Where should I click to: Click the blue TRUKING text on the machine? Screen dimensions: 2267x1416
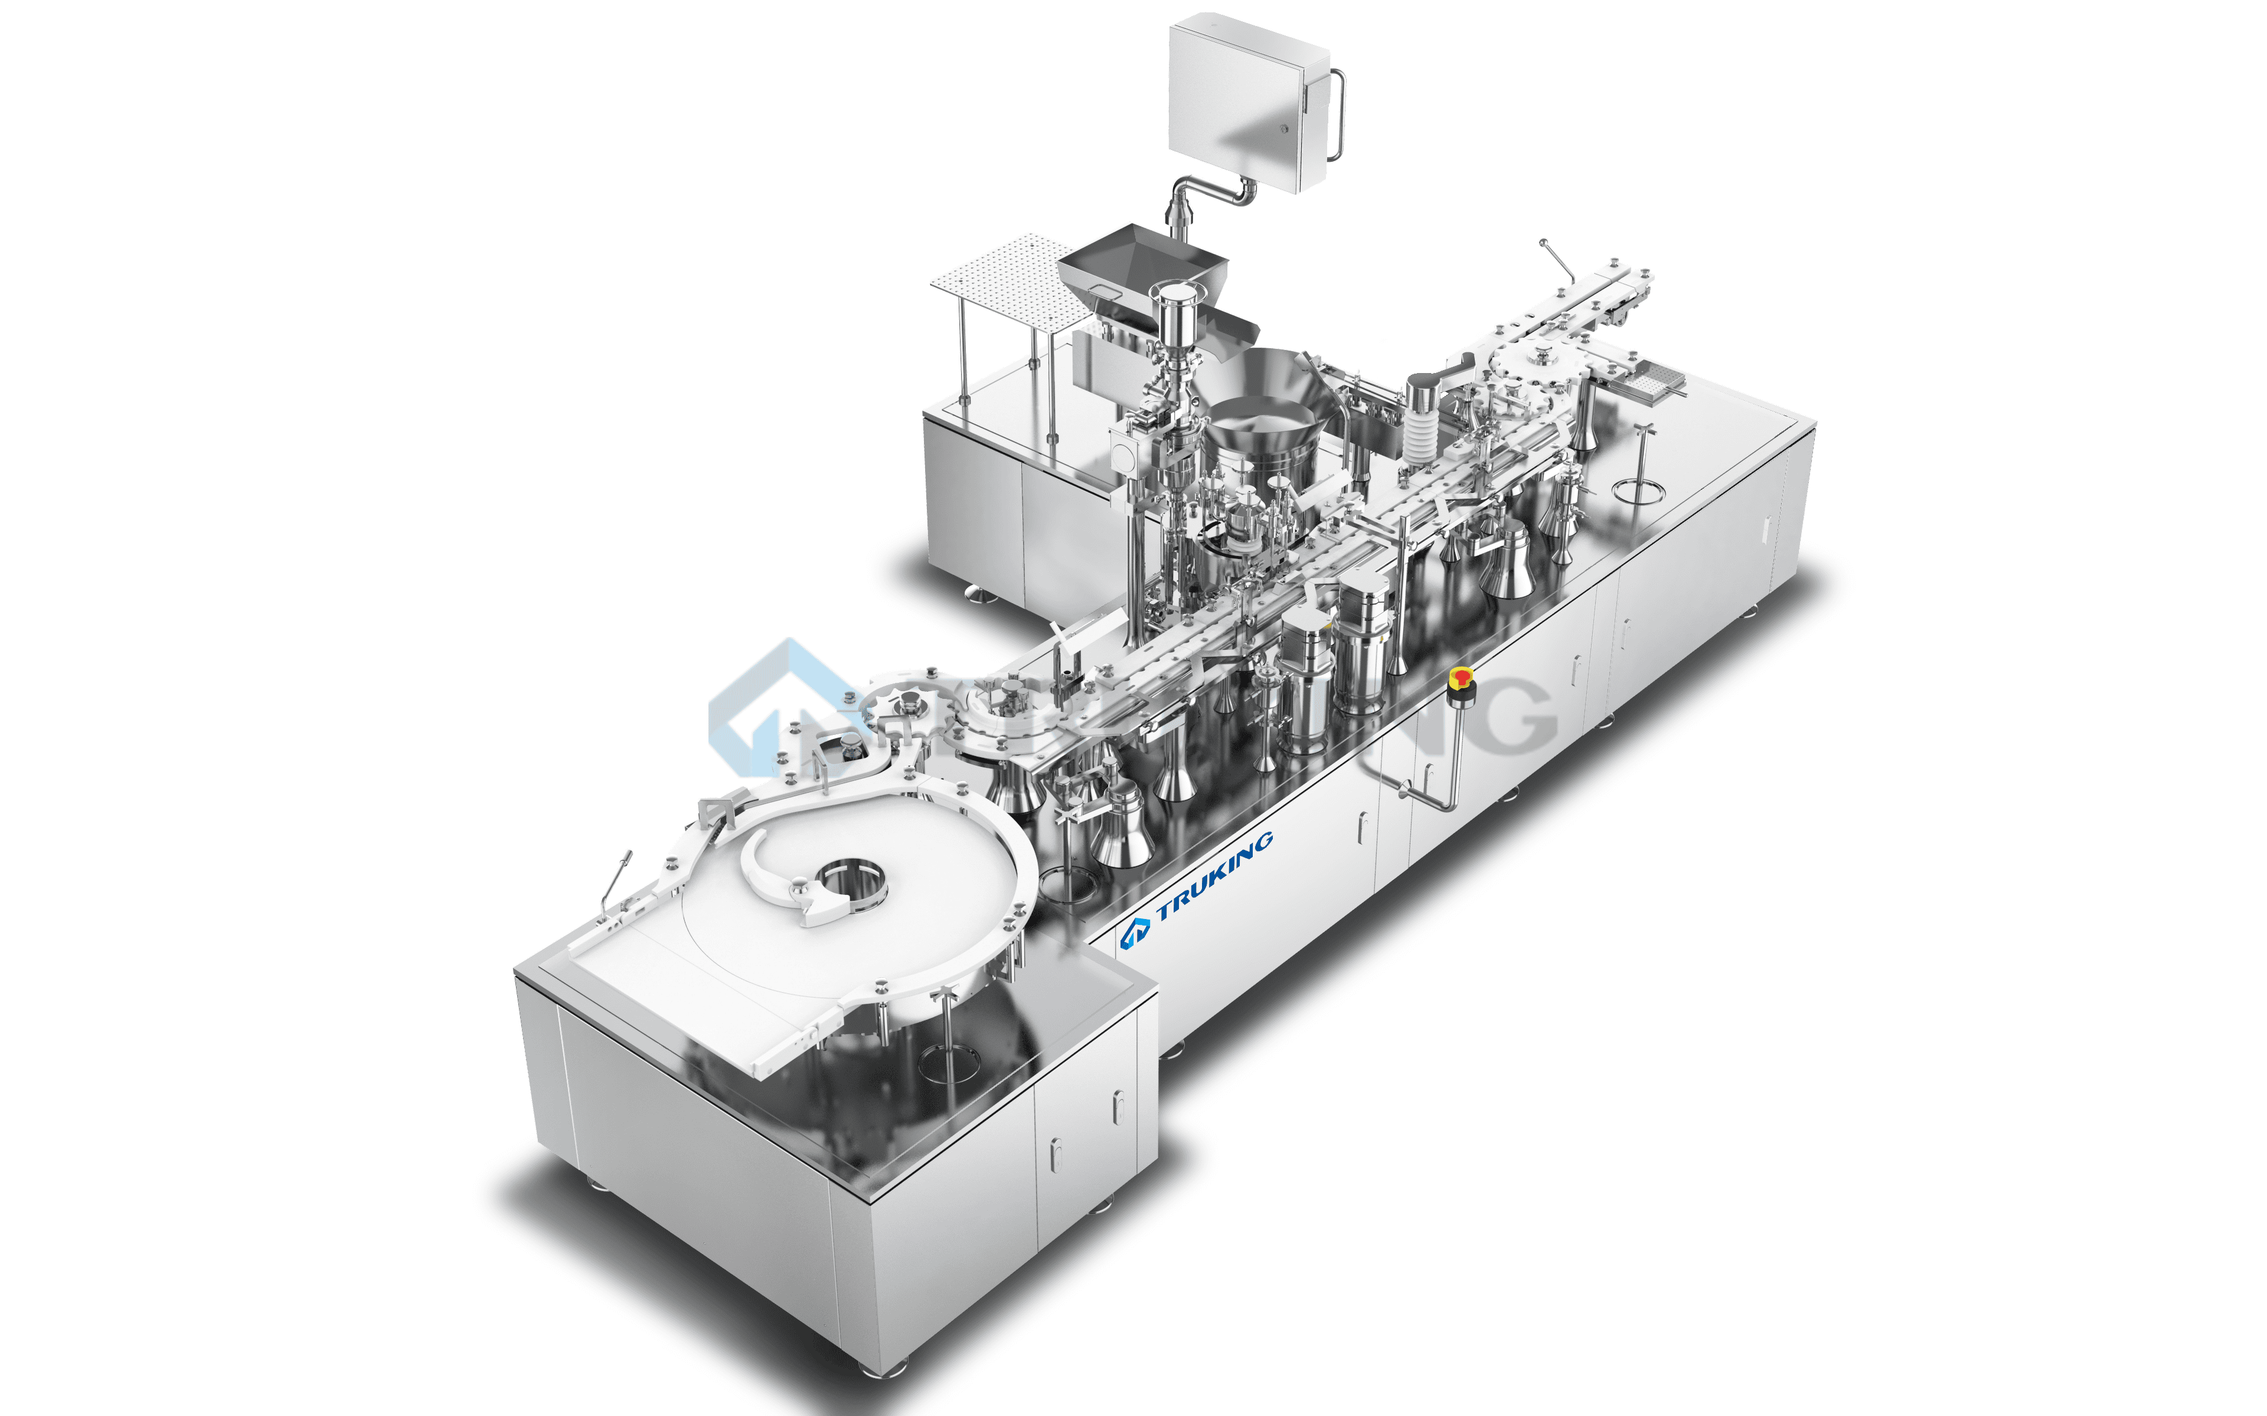(1214, 875)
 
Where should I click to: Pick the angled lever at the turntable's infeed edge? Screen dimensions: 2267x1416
(614, 880)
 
